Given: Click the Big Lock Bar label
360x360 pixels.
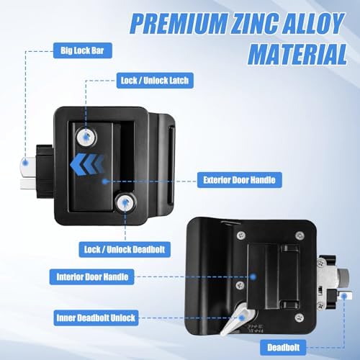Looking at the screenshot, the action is (83, 50).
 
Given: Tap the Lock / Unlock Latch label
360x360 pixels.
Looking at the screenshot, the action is (155, 81).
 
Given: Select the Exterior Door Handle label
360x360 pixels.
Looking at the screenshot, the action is (239, 180).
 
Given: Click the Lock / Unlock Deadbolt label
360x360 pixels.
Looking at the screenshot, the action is (125, 250).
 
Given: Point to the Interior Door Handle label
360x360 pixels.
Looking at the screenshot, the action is (92, 277).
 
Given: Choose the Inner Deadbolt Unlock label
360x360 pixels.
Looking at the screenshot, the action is (96, 318).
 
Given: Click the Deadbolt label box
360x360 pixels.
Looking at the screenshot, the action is (283, 348).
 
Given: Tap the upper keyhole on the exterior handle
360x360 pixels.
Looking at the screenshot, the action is (86, 137).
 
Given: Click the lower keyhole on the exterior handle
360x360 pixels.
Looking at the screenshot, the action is (126, 203).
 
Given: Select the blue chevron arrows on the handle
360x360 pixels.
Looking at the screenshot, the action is (87, 165).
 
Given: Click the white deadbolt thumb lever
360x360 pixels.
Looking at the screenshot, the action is (234, 319).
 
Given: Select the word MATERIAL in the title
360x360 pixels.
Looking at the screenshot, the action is (297, 55).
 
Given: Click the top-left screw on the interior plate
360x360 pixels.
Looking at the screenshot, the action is (240, 235).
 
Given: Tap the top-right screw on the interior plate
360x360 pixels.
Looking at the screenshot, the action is (300, 235).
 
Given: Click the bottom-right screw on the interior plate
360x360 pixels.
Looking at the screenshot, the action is (299, 318).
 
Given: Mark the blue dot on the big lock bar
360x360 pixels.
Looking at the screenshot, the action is (25, 163).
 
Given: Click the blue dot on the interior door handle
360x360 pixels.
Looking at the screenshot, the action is (253, 277).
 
